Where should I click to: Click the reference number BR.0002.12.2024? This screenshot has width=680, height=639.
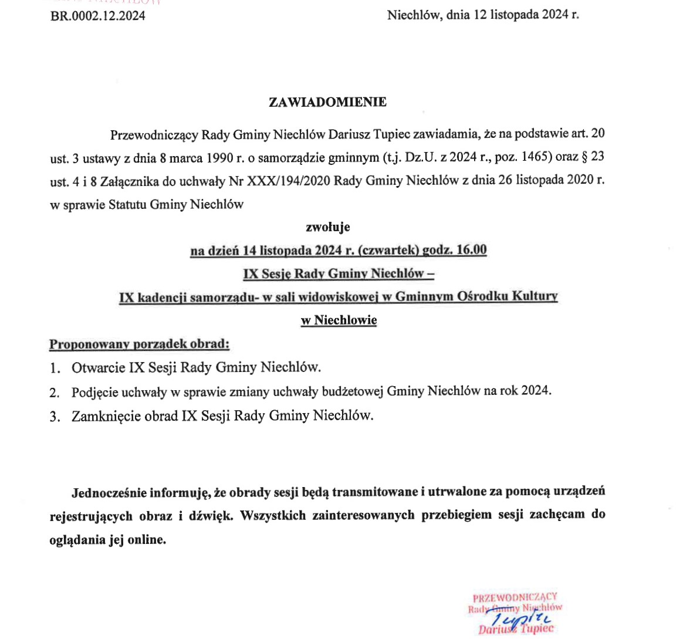click(x=98, y=16)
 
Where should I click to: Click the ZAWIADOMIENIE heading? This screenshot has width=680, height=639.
click(x=327, y=102)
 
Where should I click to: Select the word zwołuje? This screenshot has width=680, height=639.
click(x=328, y=226)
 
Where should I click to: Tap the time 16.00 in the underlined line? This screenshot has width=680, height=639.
click(x=472, y=250)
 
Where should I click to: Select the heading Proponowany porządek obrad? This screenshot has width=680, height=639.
click(x=139, y=344)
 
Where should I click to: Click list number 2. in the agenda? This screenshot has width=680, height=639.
click(x=55, y=392)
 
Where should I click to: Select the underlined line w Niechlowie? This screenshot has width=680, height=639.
click(x=339, y=320)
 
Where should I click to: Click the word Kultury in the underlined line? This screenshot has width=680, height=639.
click(x=535, y=297)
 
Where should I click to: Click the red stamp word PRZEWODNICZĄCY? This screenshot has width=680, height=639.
click(x=515, y=597)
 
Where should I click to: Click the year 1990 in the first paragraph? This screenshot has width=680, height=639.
click(x=221, y=157)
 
